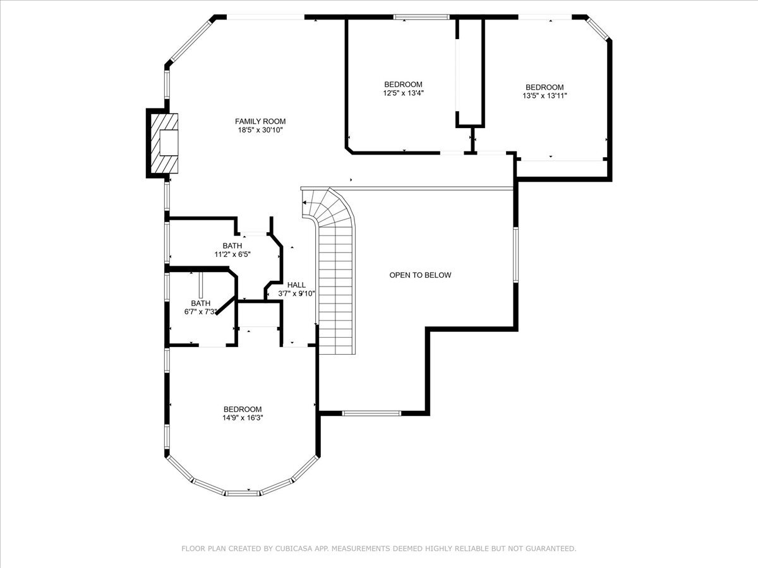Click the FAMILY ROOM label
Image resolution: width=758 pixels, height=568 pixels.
click(260, 121)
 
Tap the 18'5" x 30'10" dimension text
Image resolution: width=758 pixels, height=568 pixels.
click(260, 131)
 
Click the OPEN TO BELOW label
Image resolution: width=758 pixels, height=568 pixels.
click(420, 275)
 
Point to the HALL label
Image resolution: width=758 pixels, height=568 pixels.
click(296, 285)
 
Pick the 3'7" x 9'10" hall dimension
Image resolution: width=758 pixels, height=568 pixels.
click(296, 293)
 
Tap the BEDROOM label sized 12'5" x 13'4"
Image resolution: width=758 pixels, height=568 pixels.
click(403, 85)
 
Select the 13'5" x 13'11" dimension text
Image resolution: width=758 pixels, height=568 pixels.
click(544, 97)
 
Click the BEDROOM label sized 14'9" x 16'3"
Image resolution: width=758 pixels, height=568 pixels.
click(243, 409)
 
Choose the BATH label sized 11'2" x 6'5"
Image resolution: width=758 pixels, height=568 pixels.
click(232, 246)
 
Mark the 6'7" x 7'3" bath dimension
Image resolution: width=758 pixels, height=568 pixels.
click(200, 312)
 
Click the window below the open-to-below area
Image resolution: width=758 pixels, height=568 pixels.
click(371, 413)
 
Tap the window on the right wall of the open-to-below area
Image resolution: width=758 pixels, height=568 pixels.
click(515, 254)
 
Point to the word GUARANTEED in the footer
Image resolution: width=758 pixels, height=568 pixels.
click(547, 549)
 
